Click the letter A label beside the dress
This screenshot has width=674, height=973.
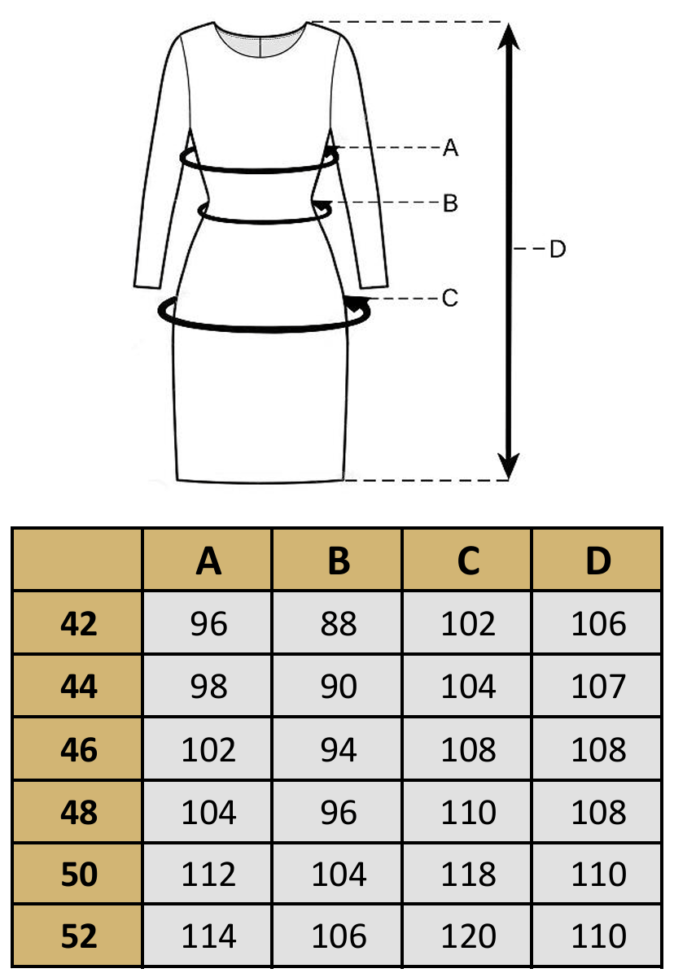coord(450,148)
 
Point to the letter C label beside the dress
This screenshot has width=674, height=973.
coord(450,299)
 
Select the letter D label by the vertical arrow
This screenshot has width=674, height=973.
coord(557,248)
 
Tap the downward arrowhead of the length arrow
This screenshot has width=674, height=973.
coord(509,467)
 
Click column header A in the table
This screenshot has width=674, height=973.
coord(208,561)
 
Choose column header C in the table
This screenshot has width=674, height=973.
coord(468,561)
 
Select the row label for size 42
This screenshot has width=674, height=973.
coord(78,624)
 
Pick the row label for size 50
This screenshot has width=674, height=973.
coord(78,875)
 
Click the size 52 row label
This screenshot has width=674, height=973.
coord(78,936)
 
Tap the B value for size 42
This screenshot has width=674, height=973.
coord(339,624)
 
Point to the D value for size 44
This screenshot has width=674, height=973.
coord(598,687)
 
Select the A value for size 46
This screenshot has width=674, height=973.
coord(208,749)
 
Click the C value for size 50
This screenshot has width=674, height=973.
coord(468,875)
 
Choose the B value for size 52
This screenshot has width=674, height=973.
coord(339,936)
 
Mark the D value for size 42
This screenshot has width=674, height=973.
coord(598,624)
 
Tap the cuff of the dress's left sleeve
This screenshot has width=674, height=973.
coord(147,285)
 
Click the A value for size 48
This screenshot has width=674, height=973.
coord(208,812)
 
